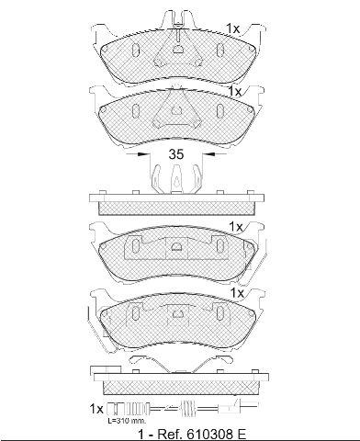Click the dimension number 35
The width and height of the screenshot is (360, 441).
[176, 154]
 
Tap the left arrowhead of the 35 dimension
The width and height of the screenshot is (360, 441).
[141, 154]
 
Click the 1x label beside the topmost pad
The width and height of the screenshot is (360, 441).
[233, 28]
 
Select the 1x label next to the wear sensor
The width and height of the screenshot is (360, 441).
[96, 409]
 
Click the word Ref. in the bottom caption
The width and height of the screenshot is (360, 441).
[170, 435]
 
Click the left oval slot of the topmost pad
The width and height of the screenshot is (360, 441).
[135, 50]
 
